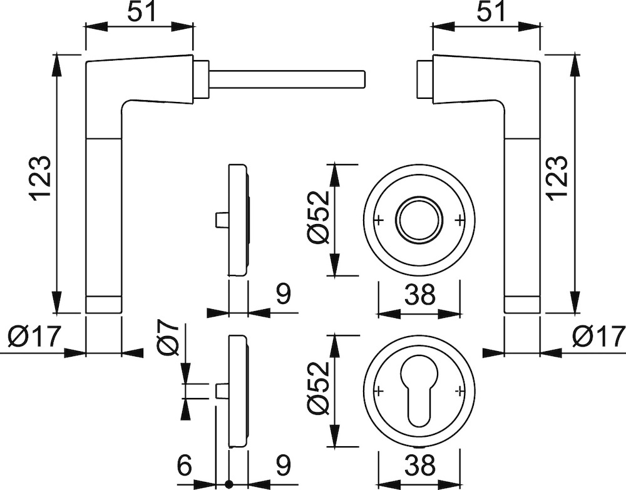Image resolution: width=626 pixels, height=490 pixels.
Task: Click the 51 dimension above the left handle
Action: (140, 13)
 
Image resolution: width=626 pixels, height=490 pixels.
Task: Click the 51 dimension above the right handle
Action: (491, 13)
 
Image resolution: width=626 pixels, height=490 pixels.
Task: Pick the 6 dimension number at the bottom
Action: (185, 466)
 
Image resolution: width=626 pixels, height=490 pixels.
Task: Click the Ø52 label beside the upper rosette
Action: (319, 217)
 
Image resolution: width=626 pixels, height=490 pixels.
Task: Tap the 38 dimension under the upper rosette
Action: (419, 295)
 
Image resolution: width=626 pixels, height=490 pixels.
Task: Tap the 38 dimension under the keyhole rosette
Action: (419, 466)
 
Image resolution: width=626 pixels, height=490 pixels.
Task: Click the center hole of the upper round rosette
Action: (419, 220)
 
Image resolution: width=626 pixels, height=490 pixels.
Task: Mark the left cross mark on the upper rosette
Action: (379, 220)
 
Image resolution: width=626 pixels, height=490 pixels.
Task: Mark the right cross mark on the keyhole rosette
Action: (459, 390)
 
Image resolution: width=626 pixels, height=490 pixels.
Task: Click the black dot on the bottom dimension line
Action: (228, 484)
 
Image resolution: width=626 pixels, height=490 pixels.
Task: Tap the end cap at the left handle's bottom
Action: (103, 305)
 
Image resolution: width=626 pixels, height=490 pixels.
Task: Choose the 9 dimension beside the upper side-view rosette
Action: (283, 294)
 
